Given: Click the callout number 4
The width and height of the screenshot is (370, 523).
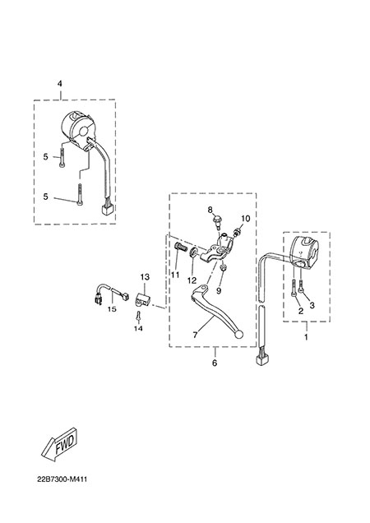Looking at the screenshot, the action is pos(60,84).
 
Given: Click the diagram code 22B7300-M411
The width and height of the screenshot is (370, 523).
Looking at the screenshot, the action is pos(62,479).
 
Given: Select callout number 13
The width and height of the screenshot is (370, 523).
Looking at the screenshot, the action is pos(145,277).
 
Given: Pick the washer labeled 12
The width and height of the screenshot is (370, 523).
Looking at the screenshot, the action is pos(193,254).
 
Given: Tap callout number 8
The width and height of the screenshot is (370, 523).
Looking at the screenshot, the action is pos(210,210).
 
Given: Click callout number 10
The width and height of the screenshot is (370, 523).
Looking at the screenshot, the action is pos(245,219).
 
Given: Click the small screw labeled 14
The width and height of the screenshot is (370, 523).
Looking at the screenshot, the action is pos(138,316).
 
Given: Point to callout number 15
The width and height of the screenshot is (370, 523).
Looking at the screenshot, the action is pos(112,309).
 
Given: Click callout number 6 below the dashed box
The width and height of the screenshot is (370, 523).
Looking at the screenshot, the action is pos(215,362).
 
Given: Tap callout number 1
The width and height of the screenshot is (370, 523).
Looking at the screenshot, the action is pos(306,337).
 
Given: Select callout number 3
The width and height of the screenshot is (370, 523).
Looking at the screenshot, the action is pos(312,305).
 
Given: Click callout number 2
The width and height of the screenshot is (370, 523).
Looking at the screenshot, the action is pos(301,311).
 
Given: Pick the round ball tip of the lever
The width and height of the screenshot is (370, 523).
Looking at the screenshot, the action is pos(239,335).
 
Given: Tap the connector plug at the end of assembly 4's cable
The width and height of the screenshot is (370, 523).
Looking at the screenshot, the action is pos(108,210).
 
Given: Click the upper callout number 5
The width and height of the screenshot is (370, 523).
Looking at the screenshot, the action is pos(46,156).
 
